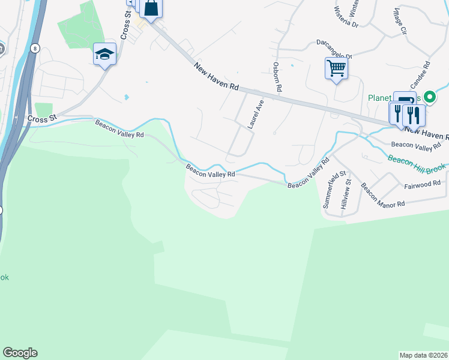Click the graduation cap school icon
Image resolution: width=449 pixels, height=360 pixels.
click(x=104, y=55)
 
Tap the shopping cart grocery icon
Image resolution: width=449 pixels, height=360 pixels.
click(x=336, y=68)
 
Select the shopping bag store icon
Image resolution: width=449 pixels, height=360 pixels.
click(x=151, y=8)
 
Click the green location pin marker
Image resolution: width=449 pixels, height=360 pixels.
click(x=429, y=97)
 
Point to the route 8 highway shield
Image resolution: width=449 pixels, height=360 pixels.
click(x=36, y=48)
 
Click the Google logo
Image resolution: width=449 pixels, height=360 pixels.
click(x=20, y=353)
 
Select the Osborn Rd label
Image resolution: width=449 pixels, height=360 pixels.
click(x=277, y=76)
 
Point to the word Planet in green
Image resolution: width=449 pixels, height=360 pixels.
click(x=379, y=97)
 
